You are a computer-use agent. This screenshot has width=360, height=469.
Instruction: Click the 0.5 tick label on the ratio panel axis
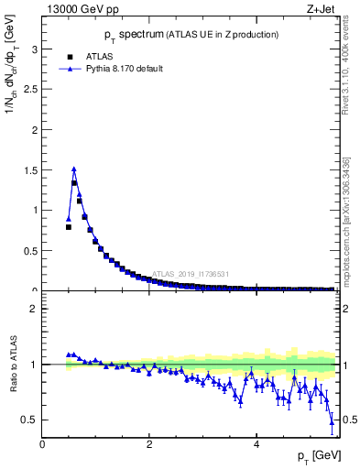(30, 420)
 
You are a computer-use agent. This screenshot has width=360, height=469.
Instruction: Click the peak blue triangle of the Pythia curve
(74, 169)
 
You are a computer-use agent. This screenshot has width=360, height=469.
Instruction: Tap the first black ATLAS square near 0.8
(69, 226)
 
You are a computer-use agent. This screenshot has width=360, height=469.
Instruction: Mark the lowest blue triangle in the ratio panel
(332, 420)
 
